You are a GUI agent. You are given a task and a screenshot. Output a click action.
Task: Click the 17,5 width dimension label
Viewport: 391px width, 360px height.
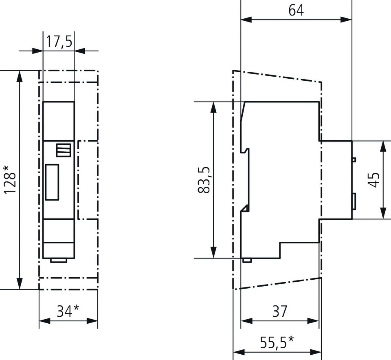[x=59, y=42]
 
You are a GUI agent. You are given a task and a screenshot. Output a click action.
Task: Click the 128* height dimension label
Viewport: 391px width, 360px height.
[x=10, y=179]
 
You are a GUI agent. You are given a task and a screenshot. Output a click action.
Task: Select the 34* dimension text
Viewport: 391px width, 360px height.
[x=68, y=311]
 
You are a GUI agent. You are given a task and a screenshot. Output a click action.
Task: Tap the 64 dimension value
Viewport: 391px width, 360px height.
[x=296, y=11]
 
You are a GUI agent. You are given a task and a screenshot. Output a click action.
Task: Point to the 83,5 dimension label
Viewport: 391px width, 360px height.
[x=204, y=180]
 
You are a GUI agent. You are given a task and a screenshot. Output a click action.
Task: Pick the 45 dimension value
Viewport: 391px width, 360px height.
[x=374, y=180]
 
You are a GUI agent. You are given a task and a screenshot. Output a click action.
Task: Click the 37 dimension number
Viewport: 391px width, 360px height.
[x=280, y=311]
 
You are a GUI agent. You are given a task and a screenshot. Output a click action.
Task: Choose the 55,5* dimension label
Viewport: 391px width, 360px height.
[x=277, y=342]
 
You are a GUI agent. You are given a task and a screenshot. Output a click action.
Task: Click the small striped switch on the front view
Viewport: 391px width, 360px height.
[x=64, y=150]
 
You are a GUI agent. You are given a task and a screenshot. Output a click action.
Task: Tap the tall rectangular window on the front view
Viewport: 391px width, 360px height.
[x=52, y=182]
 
